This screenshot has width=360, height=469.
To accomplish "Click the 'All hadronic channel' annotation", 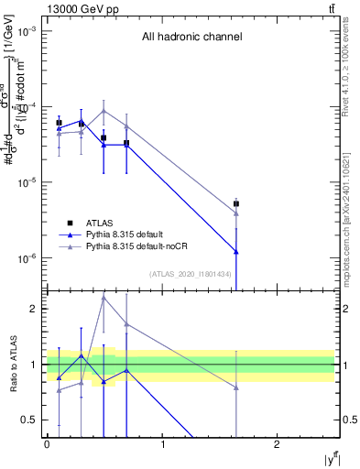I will pyautogui.click(x=191, y=38).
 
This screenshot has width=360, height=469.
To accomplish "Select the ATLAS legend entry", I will pyautogui.click(x=100, y=223).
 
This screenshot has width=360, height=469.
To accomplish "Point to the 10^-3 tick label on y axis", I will pyautogui.click(x=28, y=31).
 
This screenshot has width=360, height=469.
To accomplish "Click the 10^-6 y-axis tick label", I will pyautogui.click(x=28, y=258).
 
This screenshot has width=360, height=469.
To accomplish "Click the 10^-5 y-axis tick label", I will pyautogui.click(x=28, y=182).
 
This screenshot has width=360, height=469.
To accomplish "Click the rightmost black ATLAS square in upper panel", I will pyautogui.click(x=236, y=204).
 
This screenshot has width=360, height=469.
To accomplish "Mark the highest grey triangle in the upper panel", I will pyautogui.click(x=104, y=111).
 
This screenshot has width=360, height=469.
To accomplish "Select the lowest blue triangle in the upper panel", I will pyautogui.click(x=236, y=251).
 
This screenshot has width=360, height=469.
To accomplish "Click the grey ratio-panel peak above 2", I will pyautogui.click(x=104, y=297).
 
